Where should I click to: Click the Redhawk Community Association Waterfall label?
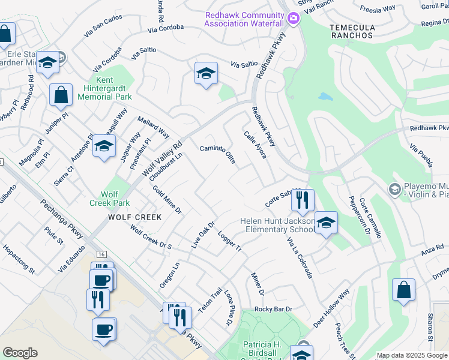point(244,19)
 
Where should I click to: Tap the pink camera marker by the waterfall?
point(293,18)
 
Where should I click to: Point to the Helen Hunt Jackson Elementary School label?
point(277,226)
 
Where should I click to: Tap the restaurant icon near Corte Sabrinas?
point(303,200)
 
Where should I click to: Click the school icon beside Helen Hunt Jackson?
point(326,223)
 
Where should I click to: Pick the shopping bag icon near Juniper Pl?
point(61,95)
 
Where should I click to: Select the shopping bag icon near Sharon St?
point(404,289)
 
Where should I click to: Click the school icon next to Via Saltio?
point(206,74)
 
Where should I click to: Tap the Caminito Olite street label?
point(217,154)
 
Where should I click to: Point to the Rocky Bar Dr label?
point(273,309)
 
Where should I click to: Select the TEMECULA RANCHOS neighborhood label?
point(352,32)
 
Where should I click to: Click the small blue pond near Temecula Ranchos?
point(325,96)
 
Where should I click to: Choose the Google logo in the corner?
point(20,353)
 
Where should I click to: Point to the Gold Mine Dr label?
point(167,200)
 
